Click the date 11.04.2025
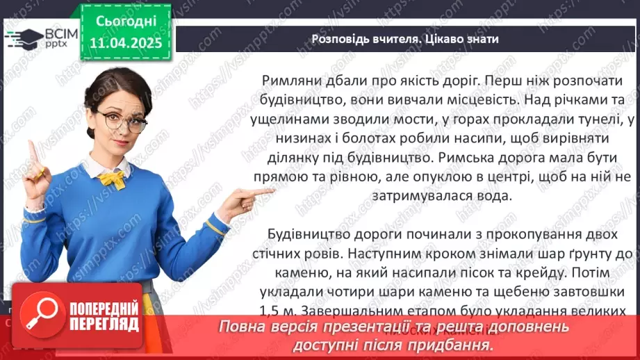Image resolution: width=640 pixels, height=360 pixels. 125,42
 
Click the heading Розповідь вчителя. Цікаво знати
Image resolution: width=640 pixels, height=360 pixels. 405,39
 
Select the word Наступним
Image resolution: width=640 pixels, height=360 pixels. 372,254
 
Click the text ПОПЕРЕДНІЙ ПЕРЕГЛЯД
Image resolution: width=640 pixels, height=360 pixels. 104,316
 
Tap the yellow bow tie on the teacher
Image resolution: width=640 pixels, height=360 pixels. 111,179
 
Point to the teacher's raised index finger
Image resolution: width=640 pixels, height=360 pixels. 31,152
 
